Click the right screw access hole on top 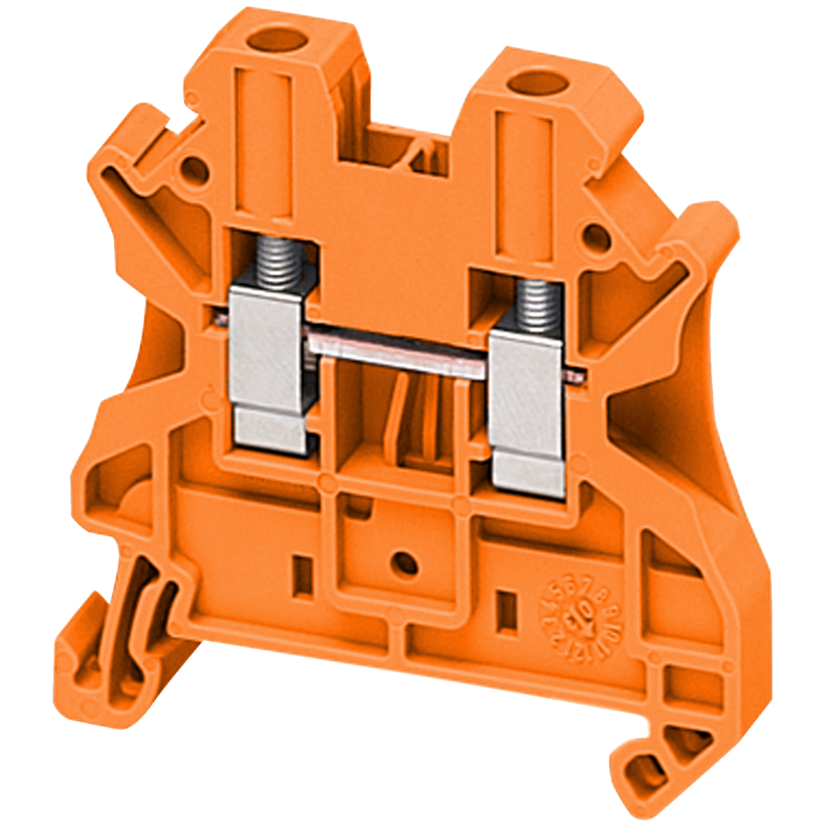(x=539, y=85)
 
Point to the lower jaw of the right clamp (x=529, y=474)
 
